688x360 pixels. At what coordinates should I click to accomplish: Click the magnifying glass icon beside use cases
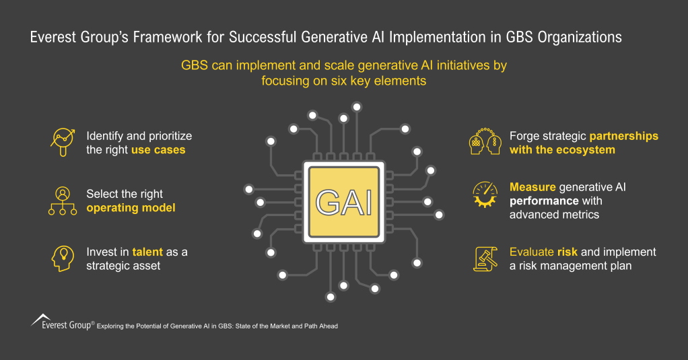click(x=62, y=142)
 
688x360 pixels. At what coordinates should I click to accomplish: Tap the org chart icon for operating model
click(x=62, y=201)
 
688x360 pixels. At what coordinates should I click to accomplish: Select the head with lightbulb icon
click(x=62, y=258)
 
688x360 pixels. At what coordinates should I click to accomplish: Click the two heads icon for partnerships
click(x=485, y=143)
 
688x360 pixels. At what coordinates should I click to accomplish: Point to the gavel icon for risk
click(x=485, y=258)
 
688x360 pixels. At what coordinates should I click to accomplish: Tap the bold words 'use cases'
click(x=158, y=150)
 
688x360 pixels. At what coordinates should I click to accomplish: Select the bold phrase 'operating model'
click(x=131, y=208)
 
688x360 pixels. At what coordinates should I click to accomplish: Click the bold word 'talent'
click(x=147, y=252)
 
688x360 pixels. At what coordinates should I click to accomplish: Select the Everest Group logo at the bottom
click(x=61, y=323)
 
